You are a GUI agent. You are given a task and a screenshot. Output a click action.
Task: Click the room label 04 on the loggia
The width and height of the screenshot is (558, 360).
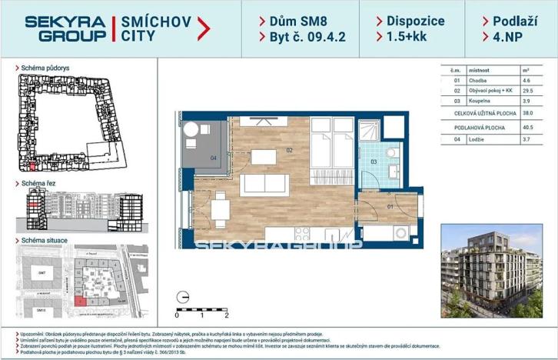[x=213, y=158]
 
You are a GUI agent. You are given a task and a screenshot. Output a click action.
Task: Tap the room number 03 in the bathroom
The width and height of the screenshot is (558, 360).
[x=374, y=162]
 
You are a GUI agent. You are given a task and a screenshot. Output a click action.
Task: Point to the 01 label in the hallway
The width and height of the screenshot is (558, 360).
[x=389, y=205]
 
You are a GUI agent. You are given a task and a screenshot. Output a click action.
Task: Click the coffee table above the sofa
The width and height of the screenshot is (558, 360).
[x=264, y=157]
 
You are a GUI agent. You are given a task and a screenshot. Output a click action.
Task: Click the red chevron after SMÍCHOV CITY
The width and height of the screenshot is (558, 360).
[x=204, y=28]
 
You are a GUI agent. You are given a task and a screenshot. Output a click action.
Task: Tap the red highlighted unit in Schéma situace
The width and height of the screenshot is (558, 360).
[x=82, y=302]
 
